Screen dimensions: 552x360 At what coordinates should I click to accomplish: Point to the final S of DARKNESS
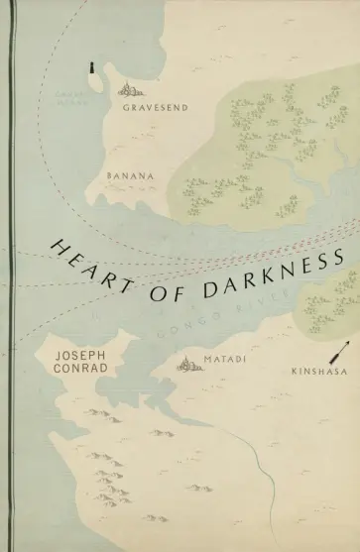tap(337, 257)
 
